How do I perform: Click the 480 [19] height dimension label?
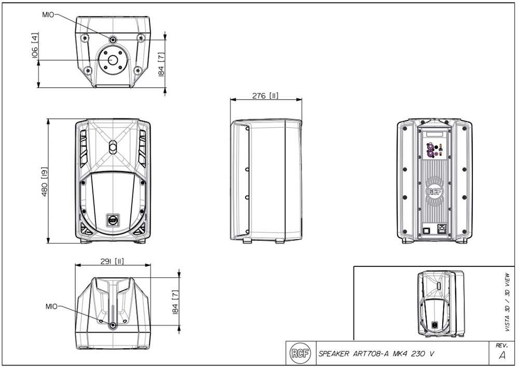(x=45, y=182)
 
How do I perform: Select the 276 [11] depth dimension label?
(x=265, y=96)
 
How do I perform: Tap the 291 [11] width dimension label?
(x=112, y=261)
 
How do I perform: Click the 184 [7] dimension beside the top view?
(x=161, y=63)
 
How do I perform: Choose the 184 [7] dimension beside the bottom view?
(x=175, y=302)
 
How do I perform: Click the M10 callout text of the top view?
(x=48, y=15)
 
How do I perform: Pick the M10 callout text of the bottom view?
(x=51, y=306)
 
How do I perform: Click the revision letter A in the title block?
(x=501, y=356)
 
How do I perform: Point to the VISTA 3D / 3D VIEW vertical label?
(x=507, y=302)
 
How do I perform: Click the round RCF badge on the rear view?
(x=435, y=191)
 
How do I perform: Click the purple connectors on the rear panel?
(x=430, y=151)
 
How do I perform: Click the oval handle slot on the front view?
(x=113, y=148)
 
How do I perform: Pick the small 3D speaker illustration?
(x=440, y=304)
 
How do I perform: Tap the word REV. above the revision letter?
(x=501, y=345)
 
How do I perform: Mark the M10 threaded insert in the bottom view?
(x=113, y=325)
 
